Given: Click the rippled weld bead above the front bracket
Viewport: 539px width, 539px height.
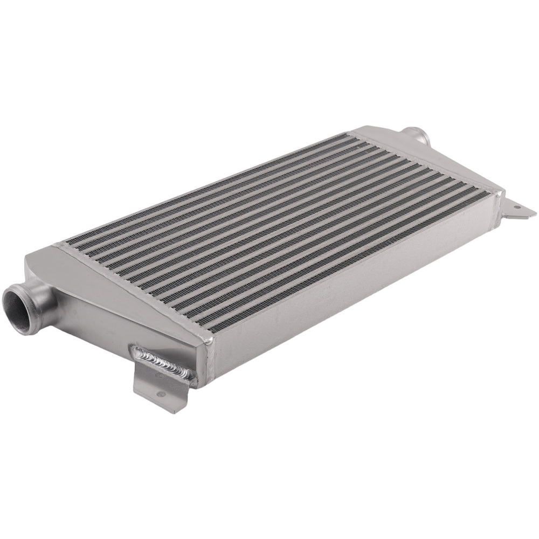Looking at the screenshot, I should (x=162, y=362).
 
